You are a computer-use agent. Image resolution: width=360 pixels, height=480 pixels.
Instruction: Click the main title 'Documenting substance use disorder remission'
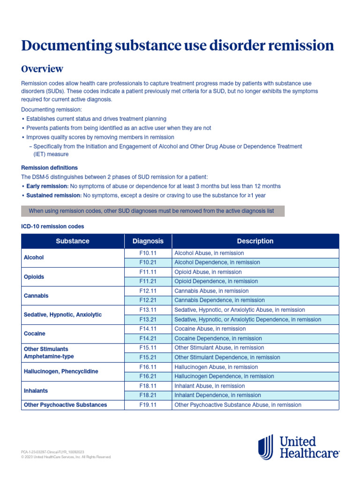point(178,45)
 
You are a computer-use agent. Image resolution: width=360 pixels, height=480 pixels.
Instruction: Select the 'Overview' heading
point(42,69)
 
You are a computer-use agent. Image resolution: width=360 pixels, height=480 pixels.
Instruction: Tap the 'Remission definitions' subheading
point(50,167)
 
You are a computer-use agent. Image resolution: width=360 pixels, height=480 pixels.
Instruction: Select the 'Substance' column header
point(73,241)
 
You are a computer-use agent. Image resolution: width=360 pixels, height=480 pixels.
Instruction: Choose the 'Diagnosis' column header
point(148,241)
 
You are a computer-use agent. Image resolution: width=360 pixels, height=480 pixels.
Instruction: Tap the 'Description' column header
point(255,241)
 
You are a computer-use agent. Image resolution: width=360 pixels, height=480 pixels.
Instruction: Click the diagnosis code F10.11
point(148,253)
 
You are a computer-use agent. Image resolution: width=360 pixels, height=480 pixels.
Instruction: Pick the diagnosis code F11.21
point(148,281)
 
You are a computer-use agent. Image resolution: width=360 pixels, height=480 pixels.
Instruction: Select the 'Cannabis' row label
point(36,296)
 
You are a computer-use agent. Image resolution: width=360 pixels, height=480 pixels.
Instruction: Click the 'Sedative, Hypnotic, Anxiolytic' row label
point(62,315)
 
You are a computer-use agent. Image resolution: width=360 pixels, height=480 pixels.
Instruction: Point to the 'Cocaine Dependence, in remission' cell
point(218,338)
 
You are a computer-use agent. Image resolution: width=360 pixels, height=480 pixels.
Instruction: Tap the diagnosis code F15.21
point(148,357)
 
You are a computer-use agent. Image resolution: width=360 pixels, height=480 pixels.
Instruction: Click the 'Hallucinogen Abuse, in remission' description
point(216,367)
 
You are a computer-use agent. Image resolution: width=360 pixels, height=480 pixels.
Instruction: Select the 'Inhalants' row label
point(36,390)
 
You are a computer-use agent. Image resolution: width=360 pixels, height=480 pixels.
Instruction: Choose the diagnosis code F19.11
point(148,405)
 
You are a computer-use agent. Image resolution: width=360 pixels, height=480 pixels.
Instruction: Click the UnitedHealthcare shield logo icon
point(266,447)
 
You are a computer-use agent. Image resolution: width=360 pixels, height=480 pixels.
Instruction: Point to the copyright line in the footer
point(66,457)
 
